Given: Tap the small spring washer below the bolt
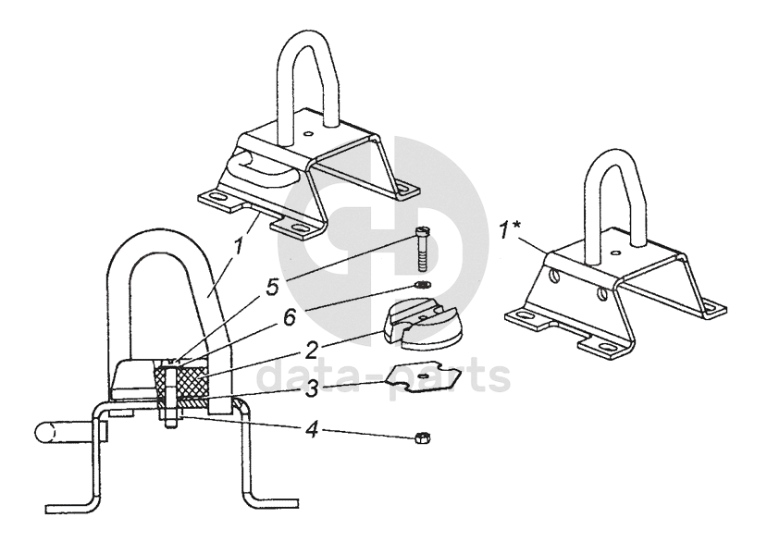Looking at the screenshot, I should (x=423, y=284).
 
